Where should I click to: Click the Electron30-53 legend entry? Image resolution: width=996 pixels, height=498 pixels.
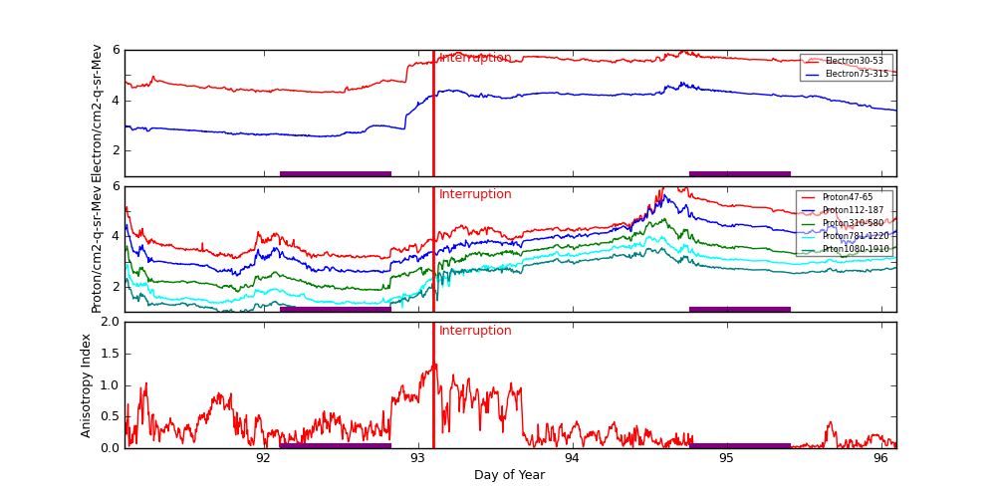pyautogui.click(x=854, y=61)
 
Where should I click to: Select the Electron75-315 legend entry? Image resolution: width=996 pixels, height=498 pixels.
pyautogui.click(x=857, y=74)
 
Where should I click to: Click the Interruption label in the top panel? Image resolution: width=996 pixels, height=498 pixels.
pyautogui.click(x=475, y=58)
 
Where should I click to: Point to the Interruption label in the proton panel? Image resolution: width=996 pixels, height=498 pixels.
pyautogui.click(x=475, y=194)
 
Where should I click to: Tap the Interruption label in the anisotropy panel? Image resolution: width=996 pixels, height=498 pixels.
pyautogui.click(x=475, y=331)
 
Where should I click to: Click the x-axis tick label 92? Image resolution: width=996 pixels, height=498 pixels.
pyautogui.click(x=263, y=458)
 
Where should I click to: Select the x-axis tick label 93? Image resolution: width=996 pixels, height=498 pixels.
pyautogui.click(x=417, y=458)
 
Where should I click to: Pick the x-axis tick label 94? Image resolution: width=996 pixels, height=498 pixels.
pyautogui.click(x=572, y=458)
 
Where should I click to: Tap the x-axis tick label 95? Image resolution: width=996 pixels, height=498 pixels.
pyautogui.click(x=726, y=458)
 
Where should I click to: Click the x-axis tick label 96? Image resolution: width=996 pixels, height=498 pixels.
pyautogui.click(x=880, y=458)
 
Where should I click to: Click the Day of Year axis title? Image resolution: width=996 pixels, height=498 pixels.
pyautogui.click(x=509, y=475)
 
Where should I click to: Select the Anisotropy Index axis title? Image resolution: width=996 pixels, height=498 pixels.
pyautogui.click(x=87, y=384)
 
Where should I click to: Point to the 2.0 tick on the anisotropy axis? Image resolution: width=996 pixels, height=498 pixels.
pyautogui.click(x=108, y=323)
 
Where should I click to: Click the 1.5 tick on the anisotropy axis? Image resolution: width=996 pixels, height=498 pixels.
pyautogui.click(x=108, y=354)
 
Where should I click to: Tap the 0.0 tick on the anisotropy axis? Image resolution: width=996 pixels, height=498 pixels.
pyautogui.click(x=108, y=448)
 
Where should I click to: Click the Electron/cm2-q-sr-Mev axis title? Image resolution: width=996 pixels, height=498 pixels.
pyautogui.click(x=97, y=114)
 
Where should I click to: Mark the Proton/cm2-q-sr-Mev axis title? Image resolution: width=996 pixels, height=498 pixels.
pyautogui.click(x=97, y=249)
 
